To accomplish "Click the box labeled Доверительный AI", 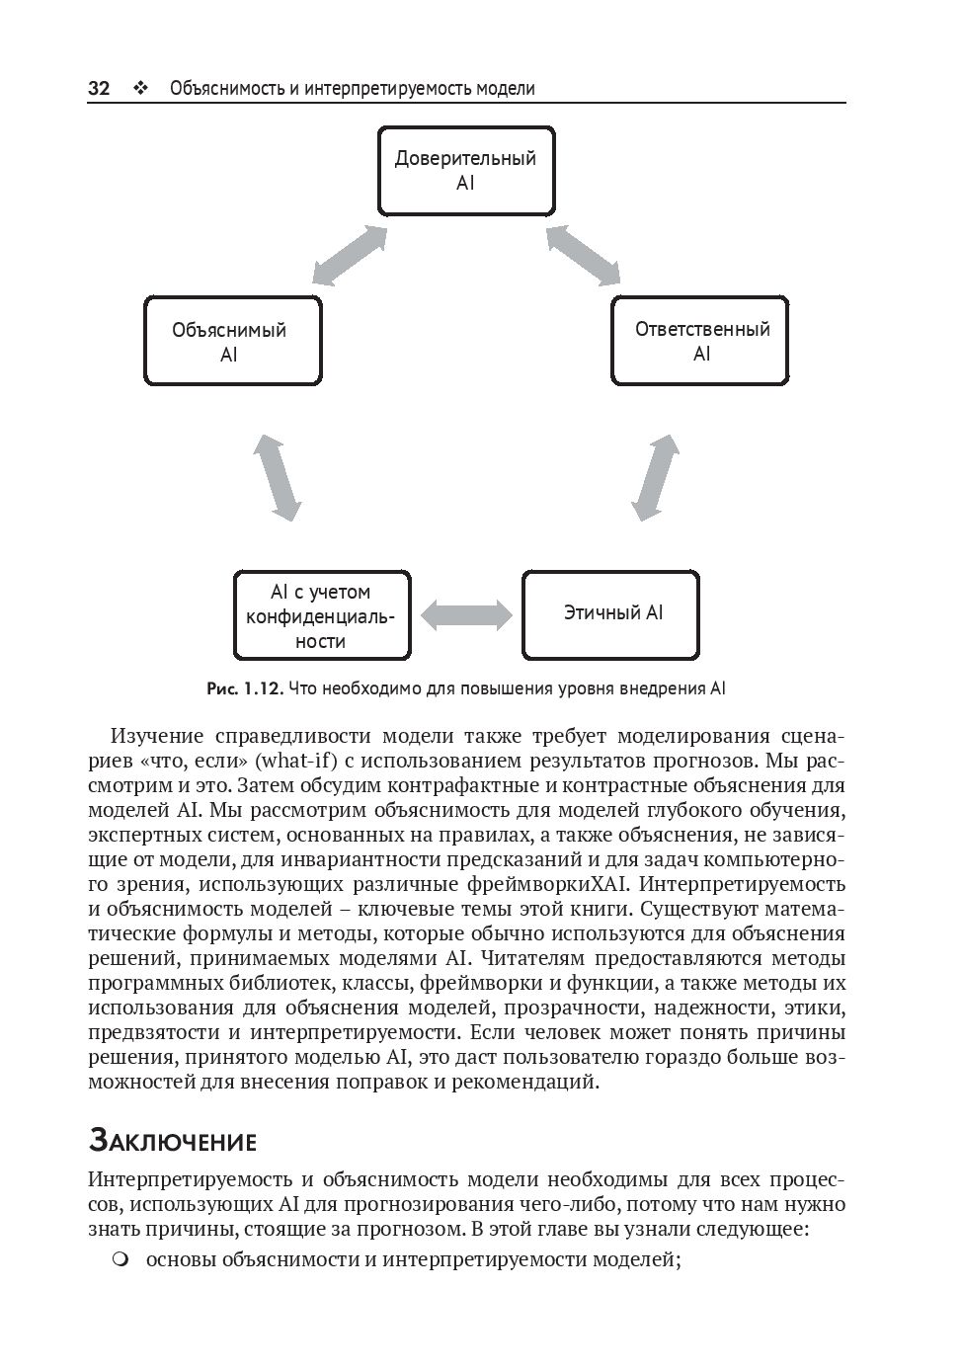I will tap(465, 171).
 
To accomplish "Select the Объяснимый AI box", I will tap(233, 341).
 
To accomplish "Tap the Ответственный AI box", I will tap(700, 341).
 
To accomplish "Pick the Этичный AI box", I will tap(611, 613).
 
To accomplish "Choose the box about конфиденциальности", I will tap(322, 615).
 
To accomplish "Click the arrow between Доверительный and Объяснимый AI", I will tap(349, 255).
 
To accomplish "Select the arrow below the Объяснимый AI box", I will tap(278, 476).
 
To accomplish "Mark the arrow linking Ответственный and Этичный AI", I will tap(655, 476).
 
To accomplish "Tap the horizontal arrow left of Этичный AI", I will tap(466, 614).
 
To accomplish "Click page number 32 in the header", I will tap(99, 89).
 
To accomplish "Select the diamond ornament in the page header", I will tap(139, 89).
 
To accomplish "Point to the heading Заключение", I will tap(173, 1142).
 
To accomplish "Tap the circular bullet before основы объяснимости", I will tap(120, 1259).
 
